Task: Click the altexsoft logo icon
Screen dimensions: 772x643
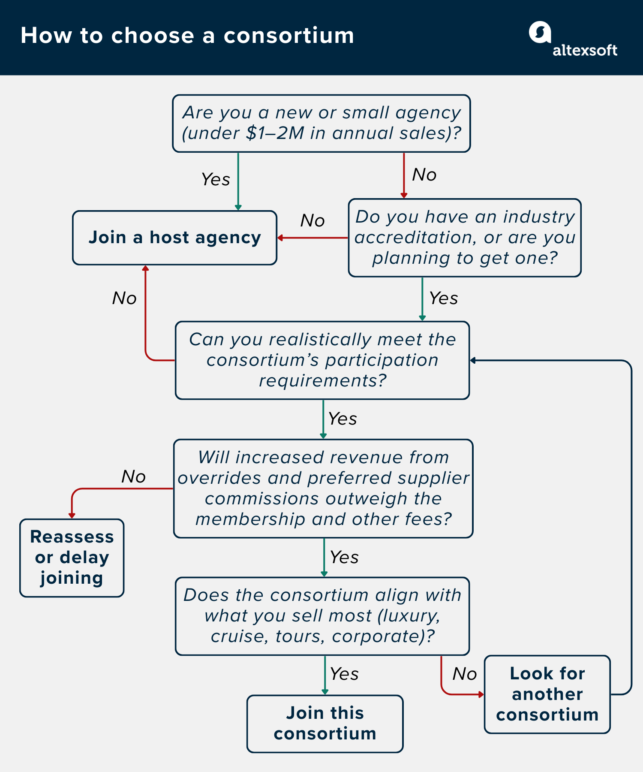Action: pos(539,32)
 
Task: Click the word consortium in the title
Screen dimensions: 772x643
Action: pos(288,35)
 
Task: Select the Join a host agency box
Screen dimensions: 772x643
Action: pos(174,238)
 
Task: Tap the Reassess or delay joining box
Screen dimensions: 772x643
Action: pos(72,558)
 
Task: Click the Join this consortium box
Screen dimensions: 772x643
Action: pos(325,724)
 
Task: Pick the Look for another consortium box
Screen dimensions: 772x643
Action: pos(547,694)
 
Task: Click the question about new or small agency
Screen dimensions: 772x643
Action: pos(321,123)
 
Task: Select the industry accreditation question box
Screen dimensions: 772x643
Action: pos(464,238)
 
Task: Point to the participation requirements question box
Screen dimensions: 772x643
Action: pos(322,360)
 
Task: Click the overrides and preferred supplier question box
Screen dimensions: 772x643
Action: pos(323,489)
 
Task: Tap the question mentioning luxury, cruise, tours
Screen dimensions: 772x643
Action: pos(322,616)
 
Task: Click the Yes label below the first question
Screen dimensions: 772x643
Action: pos(216,179)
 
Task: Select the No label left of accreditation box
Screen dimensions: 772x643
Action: pos(312,220)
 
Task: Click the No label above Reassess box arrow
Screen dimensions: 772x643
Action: pos(133,476)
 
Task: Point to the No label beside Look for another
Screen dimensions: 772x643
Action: pos(464,674)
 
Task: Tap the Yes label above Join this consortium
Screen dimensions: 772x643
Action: pos(344,674)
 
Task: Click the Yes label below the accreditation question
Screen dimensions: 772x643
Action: pos(443,298)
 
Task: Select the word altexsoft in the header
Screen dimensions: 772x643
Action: pos(585,50)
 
